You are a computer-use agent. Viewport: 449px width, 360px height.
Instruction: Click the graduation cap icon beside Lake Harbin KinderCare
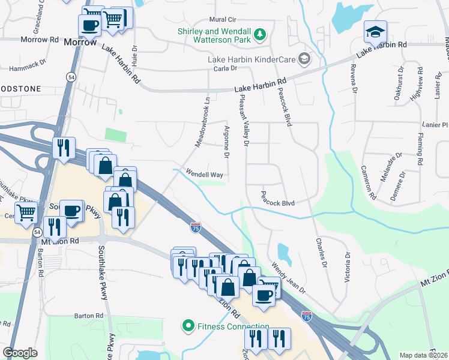tap(304, 58)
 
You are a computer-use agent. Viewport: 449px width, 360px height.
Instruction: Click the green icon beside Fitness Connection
tap(188, 326)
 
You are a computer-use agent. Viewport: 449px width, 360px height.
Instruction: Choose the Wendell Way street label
tap(205, 175)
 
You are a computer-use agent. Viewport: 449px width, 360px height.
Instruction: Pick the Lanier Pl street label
tap(435, 125)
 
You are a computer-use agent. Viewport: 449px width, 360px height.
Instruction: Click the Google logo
tap(20, 353)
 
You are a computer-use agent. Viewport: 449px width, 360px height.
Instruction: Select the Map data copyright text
tap(424, 355)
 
